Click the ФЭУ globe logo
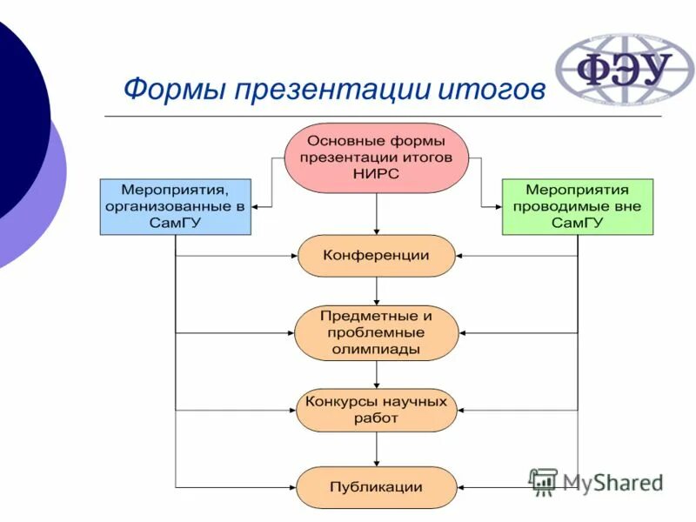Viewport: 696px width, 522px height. click(614, 70)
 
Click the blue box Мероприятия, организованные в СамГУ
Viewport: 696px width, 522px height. click(175, 206)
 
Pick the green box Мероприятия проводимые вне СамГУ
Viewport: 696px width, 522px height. click(577, 206)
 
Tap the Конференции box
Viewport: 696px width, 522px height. click(376, 256)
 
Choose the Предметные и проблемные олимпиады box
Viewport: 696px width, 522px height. click(376, 332)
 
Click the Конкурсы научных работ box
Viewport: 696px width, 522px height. click(376, 410)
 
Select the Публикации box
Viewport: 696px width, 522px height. click(376, 487)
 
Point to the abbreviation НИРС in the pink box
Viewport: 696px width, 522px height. click(376, 175)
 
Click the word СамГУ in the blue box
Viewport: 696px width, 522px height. click(175, 223)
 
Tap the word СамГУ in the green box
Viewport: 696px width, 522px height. click(577, 223)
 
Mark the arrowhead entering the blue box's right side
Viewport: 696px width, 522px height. click(257, 207)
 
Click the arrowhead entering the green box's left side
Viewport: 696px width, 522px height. click(497, 207)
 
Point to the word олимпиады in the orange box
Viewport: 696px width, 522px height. click(376, 349)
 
